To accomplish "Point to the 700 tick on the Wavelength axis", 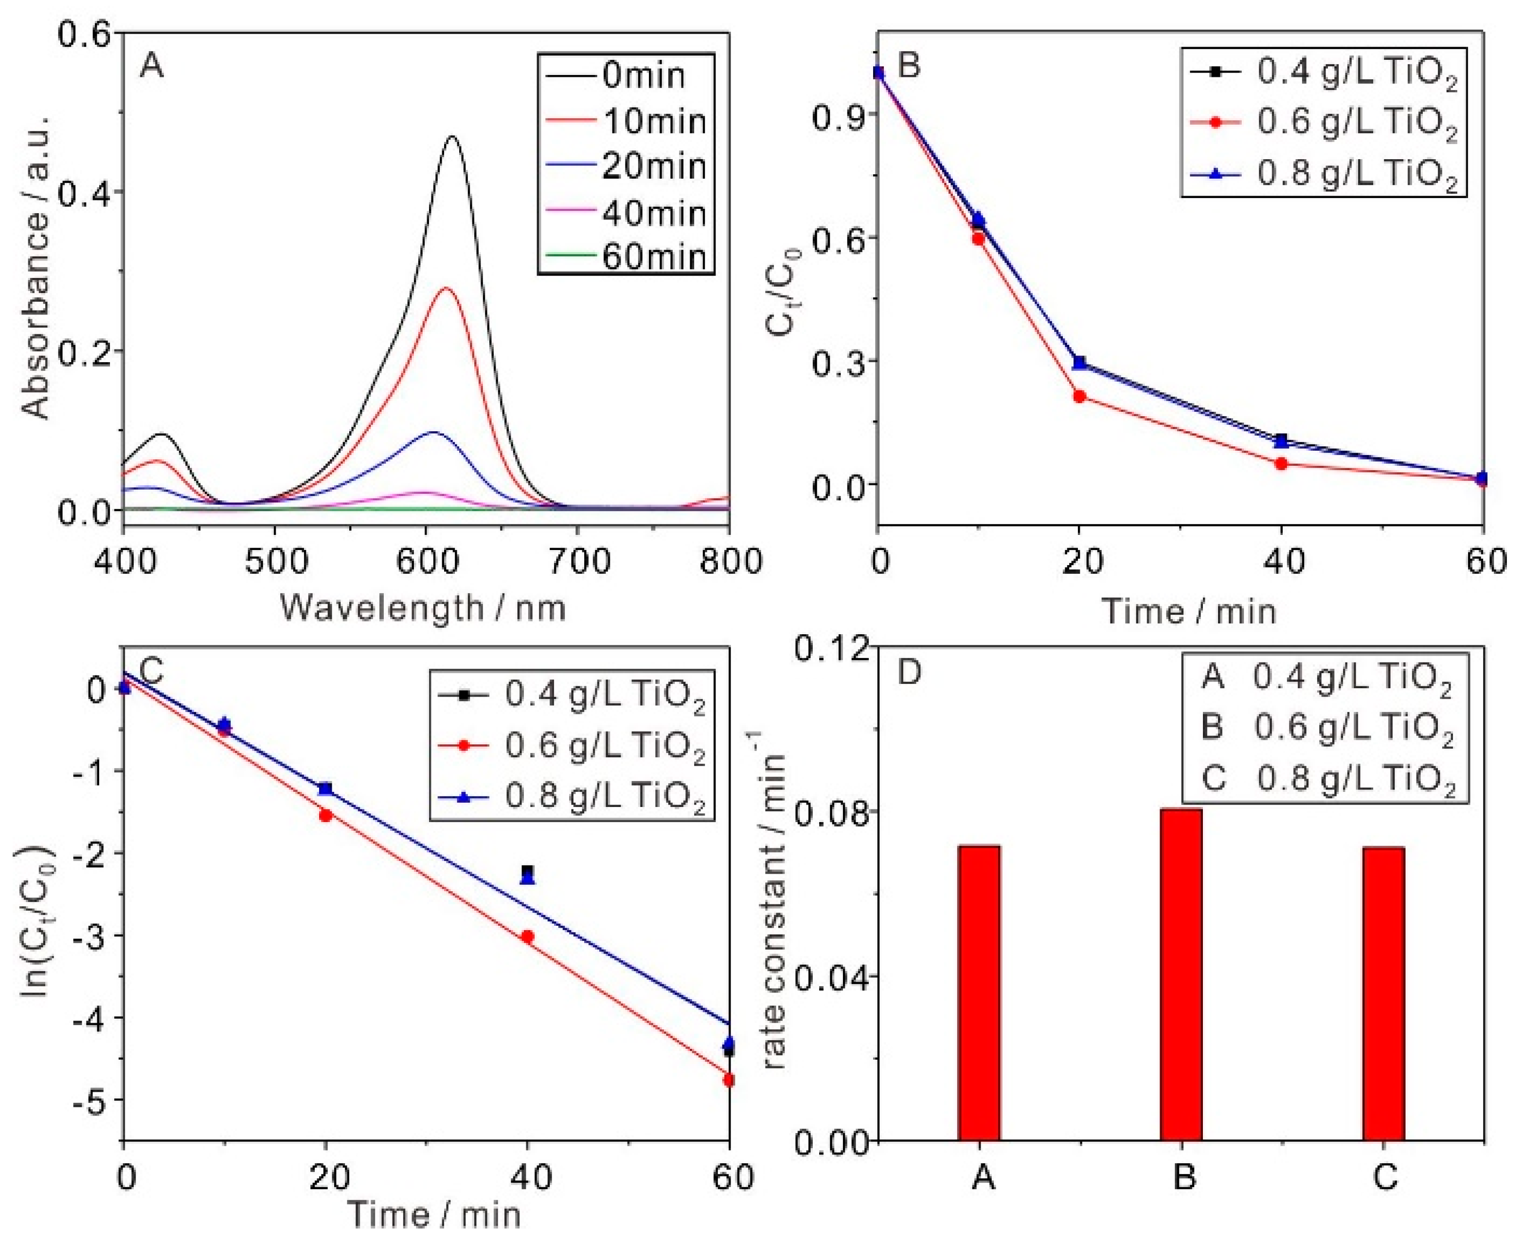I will click(x=577, y=561).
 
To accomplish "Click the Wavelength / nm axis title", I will click(x=424, y=608).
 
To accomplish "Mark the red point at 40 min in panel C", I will click(x=528, y=936).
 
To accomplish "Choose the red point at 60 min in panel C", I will click(x=729, y=1080).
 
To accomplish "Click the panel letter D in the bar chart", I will click(x=910, y=674).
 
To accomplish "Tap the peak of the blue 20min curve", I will click(x=433, y=432).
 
